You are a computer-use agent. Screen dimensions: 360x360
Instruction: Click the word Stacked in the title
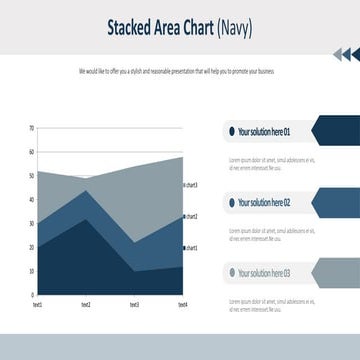[130, 27]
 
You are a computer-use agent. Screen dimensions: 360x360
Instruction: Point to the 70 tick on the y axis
[31, 128]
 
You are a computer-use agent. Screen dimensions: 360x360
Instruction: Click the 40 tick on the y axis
[31, 199]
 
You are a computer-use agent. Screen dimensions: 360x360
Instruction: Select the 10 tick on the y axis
[31, 271]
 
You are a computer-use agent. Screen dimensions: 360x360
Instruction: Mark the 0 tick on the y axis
[32, 295]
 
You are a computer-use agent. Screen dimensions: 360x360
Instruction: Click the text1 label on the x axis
[37, 304]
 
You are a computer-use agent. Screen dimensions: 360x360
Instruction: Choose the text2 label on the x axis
[85, 304]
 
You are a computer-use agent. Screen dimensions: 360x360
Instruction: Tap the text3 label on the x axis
[134, 304]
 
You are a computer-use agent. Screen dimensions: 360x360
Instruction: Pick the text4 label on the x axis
[182, 304]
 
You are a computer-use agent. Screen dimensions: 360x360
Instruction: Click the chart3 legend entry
[190, 185]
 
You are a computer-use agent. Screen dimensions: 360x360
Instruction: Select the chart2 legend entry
[190, 216]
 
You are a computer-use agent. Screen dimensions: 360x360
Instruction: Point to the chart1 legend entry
[190, 247]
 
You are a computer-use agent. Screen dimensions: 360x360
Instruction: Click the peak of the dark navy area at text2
[86, 220]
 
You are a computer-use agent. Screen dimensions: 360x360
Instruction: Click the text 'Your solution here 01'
[264, 131]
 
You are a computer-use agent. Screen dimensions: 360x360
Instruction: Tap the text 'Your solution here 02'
[264, 202]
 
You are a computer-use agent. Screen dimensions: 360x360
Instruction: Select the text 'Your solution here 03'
[264, 273]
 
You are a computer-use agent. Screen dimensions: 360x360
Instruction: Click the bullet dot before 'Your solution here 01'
[231, 131]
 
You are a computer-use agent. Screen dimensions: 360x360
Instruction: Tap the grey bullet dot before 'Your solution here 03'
[231, 273]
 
